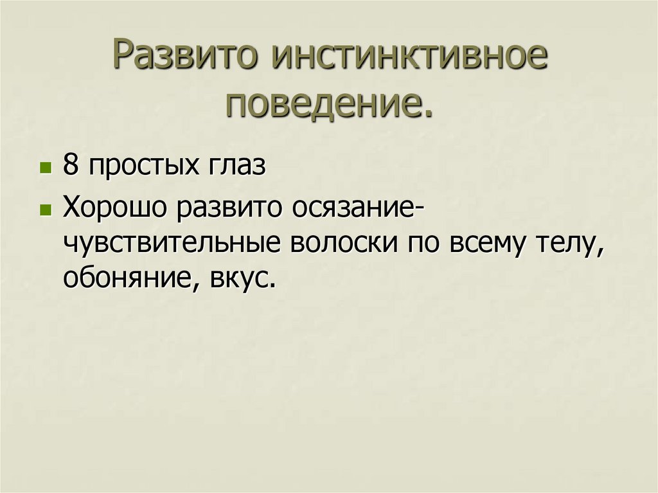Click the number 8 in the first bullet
(x=70, y=166)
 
